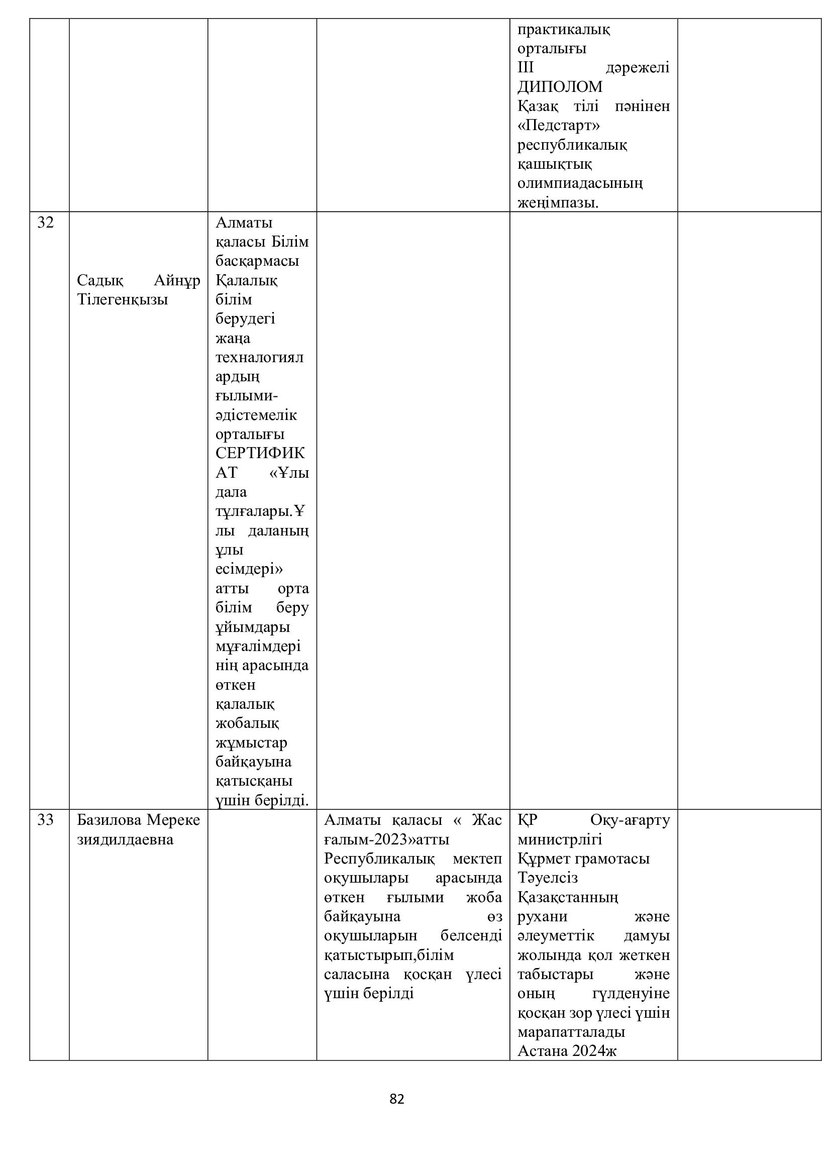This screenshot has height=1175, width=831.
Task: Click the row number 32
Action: (46, 223)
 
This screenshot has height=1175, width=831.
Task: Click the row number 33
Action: (46, 820)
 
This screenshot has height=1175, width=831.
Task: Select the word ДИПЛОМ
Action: (560, 87)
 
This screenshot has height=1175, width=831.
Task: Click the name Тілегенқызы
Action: (122, 299)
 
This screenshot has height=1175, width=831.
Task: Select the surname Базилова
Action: (110, 820)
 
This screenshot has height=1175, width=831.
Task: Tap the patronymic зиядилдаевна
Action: (125, 840)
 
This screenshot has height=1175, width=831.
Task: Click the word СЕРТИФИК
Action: (260, 453)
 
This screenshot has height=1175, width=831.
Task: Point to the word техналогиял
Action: (259, 357)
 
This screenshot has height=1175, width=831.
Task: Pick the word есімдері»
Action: (249, 569)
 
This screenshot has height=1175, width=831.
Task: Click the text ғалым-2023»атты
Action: (386, 840)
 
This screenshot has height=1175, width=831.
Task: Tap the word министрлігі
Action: (559, 840)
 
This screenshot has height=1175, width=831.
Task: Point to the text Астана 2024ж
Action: (567, 1051)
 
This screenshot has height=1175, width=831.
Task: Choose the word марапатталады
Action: (571, 1032)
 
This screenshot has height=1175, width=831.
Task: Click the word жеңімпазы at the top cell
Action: (557, 202)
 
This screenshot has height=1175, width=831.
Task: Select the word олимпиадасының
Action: (580, 183)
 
